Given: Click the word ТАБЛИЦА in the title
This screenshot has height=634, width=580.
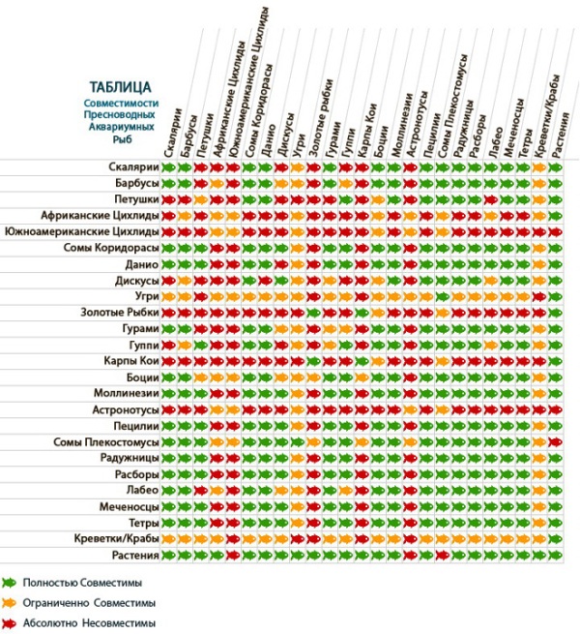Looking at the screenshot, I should tap(120, 86).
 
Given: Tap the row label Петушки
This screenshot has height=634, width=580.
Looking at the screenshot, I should tap(135, 199).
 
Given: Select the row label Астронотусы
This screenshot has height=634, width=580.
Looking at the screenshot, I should tap(125, 409).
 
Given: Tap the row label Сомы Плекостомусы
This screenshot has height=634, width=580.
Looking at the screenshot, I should tap(106, 441).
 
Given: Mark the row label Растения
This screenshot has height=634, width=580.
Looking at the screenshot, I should tap(133, 555).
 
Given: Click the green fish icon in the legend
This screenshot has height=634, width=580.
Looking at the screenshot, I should tap(10, 583).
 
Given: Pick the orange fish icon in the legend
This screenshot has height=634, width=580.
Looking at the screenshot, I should tap(10, 603).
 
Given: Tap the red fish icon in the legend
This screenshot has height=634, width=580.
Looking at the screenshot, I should tap(10, 624).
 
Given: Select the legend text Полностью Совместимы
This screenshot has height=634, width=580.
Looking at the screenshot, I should tap(81, 583).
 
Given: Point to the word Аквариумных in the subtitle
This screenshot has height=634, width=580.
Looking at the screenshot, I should tap(120, 127).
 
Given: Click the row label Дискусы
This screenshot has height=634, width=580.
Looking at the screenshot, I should tap(133, 281).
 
